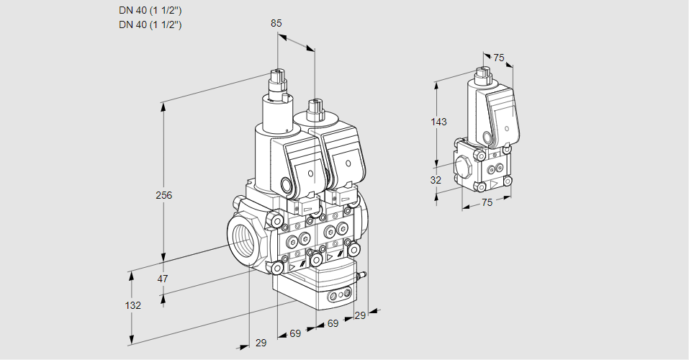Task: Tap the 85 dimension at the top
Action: click(276, 23)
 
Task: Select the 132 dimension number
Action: click(132, 305)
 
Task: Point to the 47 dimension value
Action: click(163, 279)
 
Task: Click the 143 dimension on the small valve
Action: click(438, 122)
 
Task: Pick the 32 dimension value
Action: click(436, 180)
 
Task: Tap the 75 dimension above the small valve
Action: click(500, 58)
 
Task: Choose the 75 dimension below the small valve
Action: click(487, 203)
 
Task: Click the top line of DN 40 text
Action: click(150, 11)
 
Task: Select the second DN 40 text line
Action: click(150, 24)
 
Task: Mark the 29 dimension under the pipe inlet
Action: click(261, 343)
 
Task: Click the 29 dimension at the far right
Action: click(360, 315)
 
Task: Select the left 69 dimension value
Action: click(295, 333)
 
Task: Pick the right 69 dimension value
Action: click(333, 324)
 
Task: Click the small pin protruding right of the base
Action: click(364, 274)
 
